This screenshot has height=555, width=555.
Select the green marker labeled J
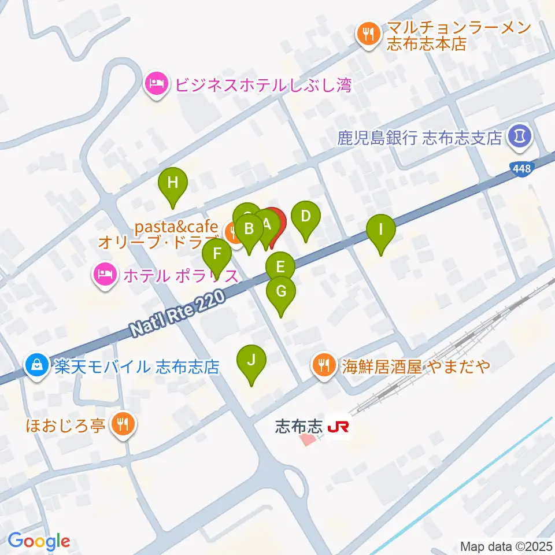point(251,361)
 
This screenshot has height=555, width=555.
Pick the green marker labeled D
point(306,217)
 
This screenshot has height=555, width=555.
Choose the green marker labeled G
point(281,291)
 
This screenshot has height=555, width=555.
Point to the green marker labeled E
point(280,267)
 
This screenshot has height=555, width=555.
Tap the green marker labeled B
point(249,229)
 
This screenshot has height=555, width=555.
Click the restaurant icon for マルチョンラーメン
point(367,34)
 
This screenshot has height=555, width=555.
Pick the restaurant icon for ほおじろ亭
point(123,425)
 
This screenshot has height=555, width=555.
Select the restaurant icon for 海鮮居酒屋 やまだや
point(322,365)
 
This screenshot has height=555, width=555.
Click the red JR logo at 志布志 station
point(338,428)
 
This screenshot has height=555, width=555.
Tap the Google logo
point(39,541)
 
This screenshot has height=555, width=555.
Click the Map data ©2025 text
point(506,546)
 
